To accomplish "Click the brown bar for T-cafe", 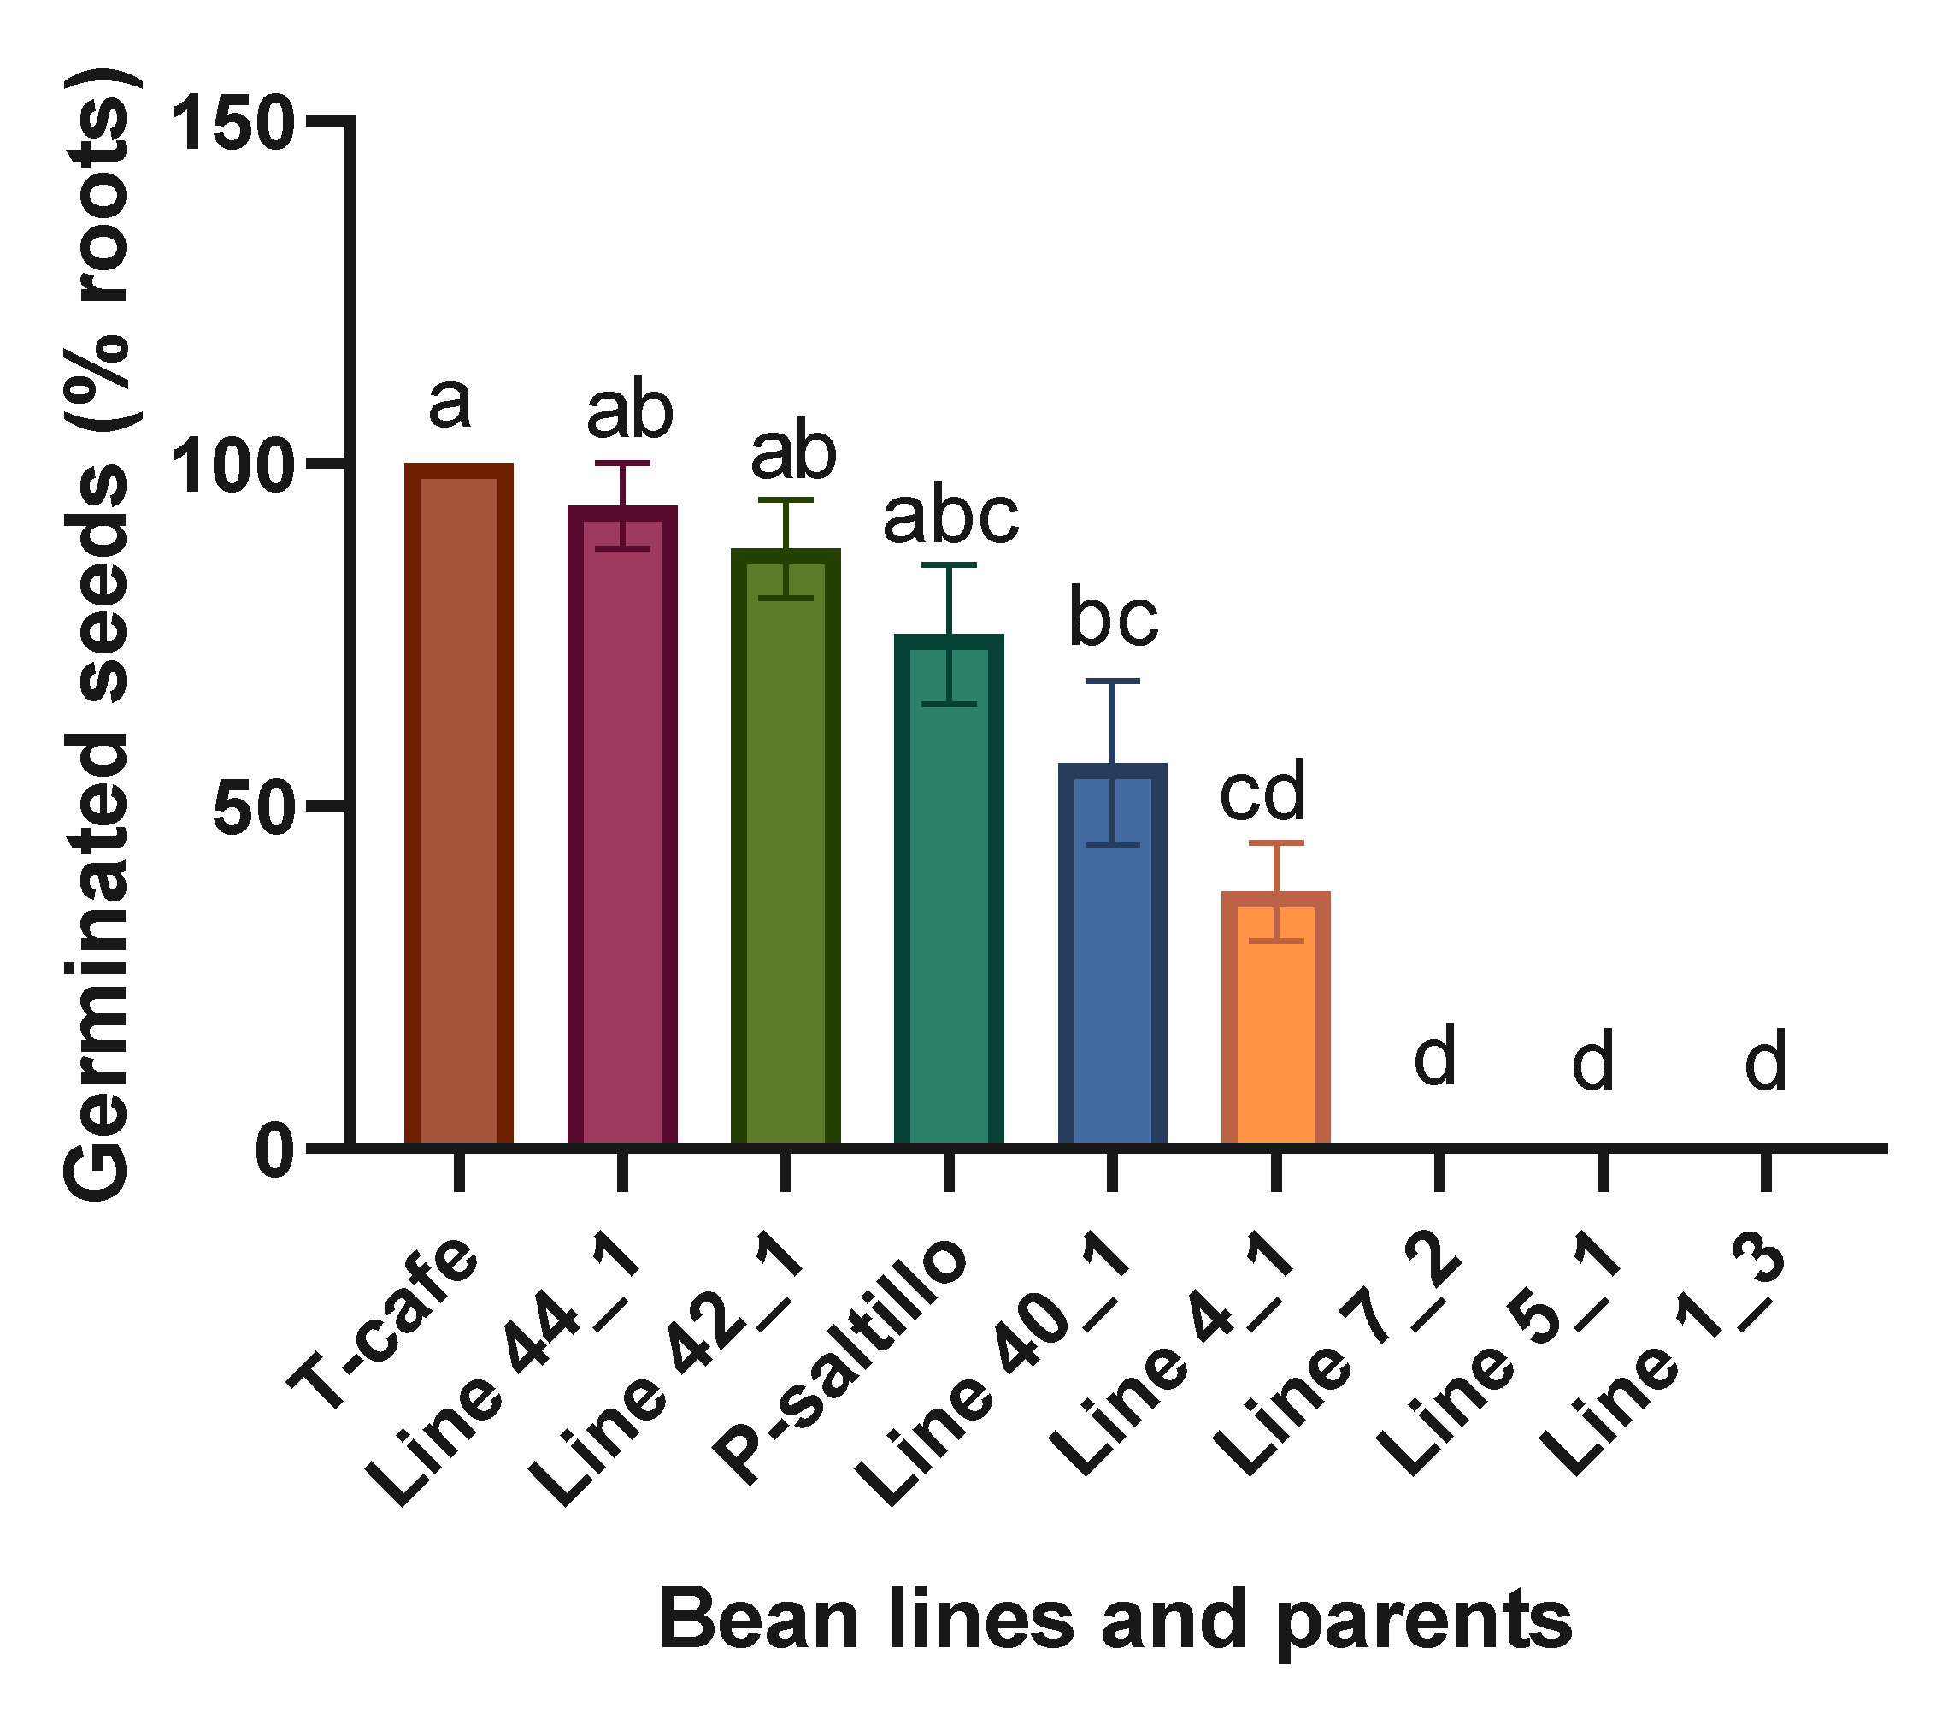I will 458,806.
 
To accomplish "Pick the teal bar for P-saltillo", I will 949,890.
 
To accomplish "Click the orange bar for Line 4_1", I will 1276,1019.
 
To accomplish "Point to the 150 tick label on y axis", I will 232,123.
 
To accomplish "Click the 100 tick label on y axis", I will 232,466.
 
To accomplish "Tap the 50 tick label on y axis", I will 251,808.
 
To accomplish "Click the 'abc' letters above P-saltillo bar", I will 951,517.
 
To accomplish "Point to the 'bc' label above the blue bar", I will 1114,618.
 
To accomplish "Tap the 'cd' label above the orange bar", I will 1262,791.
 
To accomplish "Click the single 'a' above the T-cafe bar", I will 450,403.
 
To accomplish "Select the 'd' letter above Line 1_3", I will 1766,1061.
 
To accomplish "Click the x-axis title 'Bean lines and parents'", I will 1115,1620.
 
